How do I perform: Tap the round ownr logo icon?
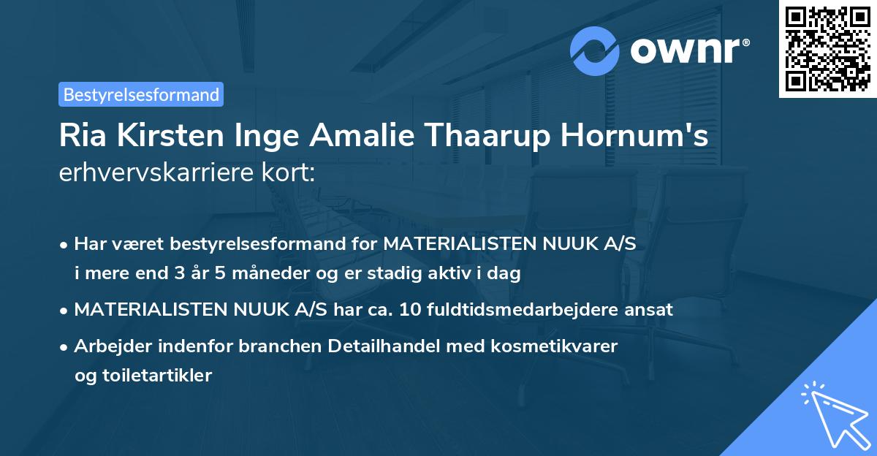pos(596,50)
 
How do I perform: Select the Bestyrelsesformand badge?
pos(141,94)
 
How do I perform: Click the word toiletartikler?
pos(143,376)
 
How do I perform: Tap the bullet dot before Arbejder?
pos(65,346)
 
